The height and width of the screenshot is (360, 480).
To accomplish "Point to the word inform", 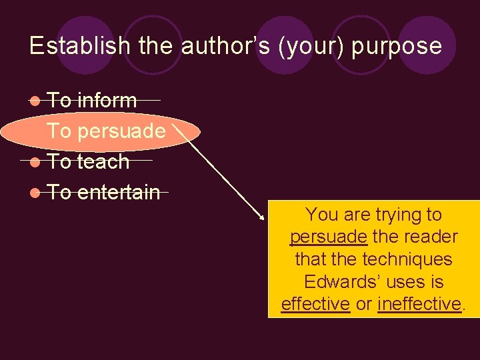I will pos(107,101).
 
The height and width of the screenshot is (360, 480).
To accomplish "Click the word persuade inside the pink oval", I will pos(121,131).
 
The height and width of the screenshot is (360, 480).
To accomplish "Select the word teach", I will pos(103,162).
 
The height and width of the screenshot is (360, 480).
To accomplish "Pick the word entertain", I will pos(119,193).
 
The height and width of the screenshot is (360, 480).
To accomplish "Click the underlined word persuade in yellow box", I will pos(328,237).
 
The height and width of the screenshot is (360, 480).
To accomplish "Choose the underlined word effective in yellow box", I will pos(315,304).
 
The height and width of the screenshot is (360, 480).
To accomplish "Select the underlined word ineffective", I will pos(419,304).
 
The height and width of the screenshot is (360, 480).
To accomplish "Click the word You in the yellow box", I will pos(323,215).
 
